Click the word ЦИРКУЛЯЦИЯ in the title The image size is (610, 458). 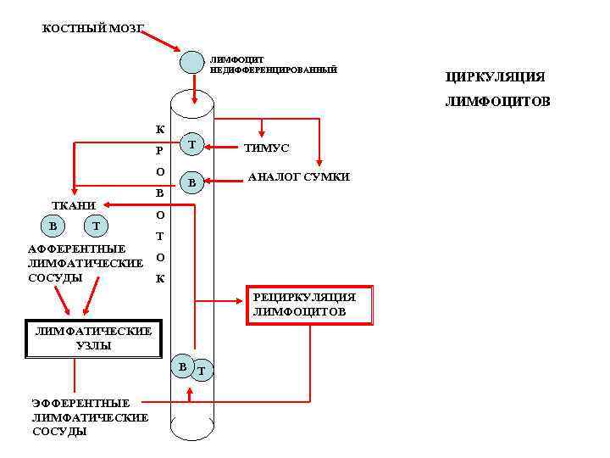(x=495, y=77)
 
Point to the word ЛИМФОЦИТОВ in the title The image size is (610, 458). (x=497, y=102)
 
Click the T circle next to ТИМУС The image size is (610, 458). (x=192, y=146)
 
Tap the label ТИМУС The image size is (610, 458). (x=266, y=148)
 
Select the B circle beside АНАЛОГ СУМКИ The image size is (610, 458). (x=192, y=182)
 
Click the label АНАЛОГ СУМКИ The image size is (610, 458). (x=298, y=177)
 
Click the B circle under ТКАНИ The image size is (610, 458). (x=53, y=226)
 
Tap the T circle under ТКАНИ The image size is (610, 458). (x=96, y=226)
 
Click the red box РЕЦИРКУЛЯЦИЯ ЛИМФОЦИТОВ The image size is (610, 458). (x=310, y=305)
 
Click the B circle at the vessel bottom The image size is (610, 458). (x=181, y=365)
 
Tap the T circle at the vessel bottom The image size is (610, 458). (x=201, y=370)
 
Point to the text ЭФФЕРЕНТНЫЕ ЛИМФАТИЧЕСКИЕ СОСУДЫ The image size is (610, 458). (x=89, y=417)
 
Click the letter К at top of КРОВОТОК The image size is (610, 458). (x=160, y=130)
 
